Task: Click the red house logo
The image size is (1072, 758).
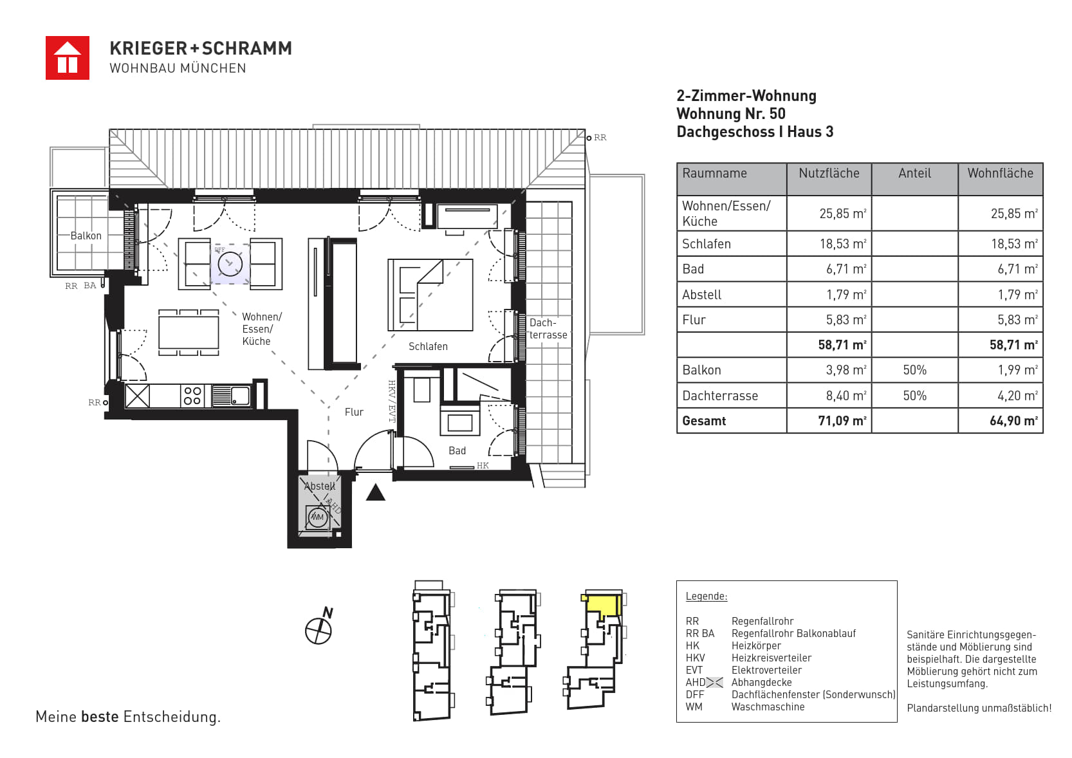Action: click(68, 58)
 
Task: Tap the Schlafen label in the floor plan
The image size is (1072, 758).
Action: click(428, 346)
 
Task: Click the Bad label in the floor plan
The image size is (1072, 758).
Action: click(457, 451)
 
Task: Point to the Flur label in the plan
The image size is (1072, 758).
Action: click(354, 412)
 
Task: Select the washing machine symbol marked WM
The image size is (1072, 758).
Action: click(317, 517)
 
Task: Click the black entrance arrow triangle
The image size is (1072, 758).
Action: click(376, 492)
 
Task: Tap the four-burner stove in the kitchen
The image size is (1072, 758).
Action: click(192, 396)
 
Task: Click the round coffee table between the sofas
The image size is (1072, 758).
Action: click(230, 264)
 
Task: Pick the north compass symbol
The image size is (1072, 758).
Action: click(320, 627)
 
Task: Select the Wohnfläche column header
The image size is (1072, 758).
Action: click(1000, 173)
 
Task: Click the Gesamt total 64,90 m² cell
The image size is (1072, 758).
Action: click(1013, 421)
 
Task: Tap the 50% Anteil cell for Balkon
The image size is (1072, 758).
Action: click(914, 370)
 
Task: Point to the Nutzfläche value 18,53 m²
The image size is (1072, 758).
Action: click(843, 244)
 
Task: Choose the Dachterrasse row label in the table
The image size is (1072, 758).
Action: click(720, 396)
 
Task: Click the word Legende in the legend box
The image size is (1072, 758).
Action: click(707, 596)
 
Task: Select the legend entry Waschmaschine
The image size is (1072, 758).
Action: click(768, 707)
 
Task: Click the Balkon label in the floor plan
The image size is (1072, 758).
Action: click(86, 236)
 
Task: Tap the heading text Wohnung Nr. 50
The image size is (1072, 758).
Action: click(731, 114)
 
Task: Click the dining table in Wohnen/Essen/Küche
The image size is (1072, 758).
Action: click(189, 333)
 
